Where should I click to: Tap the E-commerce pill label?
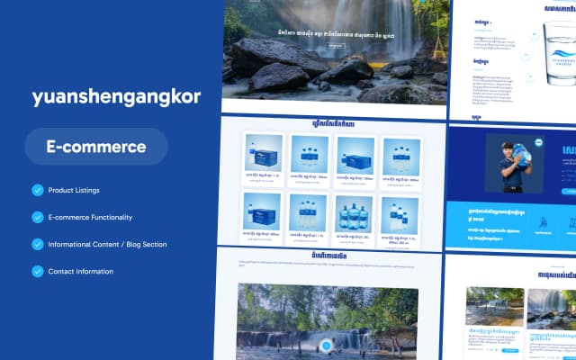coord(95,146)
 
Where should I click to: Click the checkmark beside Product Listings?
coord(37,190)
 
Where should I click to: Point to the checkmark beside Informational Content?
coord(37,244)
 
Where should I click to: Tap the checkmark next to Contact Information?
coord(37,271)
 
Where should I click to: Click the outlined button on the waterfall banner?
coord(335,44)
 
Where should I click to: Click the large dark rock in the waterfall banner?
coord(270,58)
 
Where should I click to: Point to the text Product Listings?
coord(74,190)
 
